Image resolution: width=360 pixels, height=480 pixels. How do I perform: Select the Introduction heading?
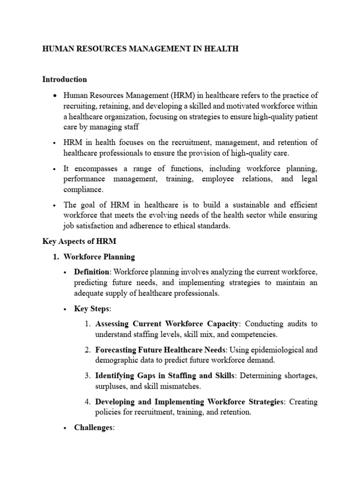pyautogui.click(x=65, y=79)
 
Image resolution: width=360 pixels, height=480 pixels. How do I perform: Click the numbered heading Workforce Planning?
pyautogui.click(x=99, y=257)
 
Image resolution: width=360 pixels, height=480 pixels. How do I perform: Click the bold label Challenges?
pyautogui.click(x=93, y=428)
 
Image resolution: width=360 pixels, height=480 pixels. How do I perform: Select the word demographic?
pyautogui.click(x=115, y=360)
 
